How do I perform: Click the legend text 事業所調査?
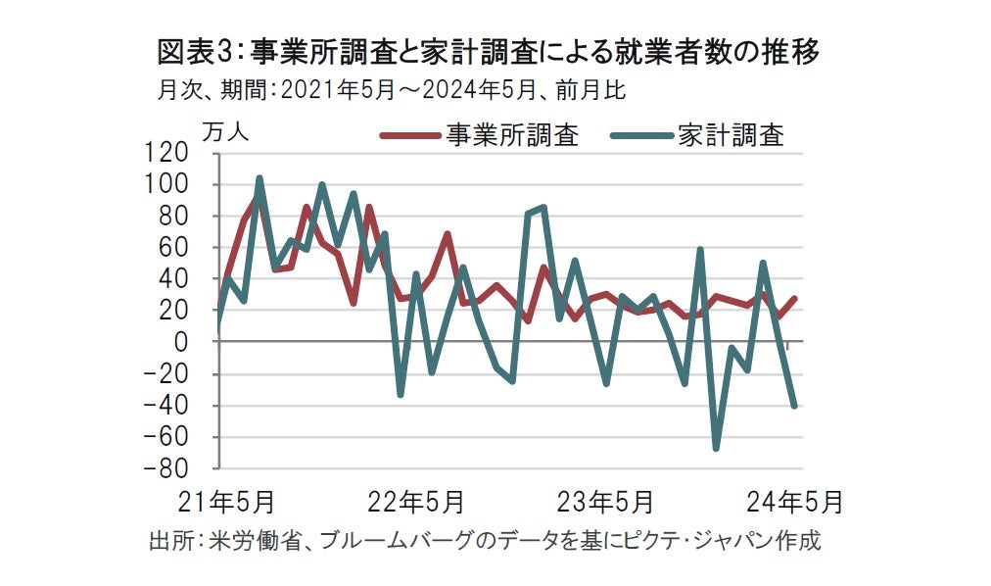coord(512,135)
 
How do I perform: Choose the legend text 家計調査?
coord(731,135)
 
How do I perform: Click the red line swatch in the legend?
coord(409,136)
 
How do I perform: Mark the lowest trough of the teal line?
coord(717,449)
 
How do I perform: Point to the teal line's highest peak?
coord(260,178)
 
